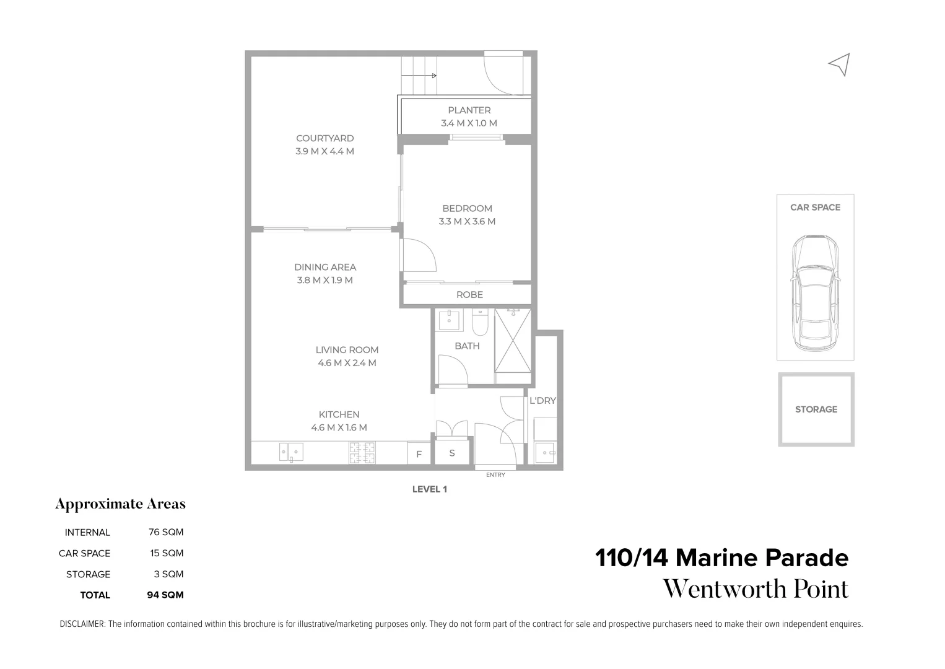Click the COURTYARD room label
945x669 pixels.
tap(324, 138)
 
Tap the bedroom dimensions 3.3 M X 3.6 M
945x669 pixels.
tap(467, 222)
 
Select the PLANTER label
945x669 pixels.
tap(469, 110)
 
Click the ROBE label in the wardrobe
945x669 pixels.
tap(469, 295)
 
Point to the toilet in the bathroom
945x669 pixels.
tap(481, 322)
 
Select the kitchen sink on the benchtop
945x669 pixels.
tap(290, 452)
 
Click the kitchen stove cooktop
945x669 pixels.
tap(362, 452)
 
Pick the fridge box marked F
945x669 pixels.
tap(419, 454)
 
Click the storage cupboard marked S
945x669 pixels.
tap(451, 453)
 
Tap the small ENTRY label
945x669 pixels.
tap(495, 475)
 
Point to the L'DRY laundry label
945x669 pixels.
tap(542, 401)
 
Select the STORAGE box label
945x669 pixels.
tap(816, 409)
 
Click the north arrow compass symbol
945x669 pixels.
tap(840, 64)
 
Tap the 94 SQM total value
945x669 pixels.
tap(165, 595)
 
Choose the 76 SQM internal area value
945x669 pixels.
tap(166, 532)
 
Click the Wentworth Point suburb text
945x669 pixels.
tap(756, 589)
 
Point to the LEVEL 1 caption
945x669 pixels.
tap(430, 489)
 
